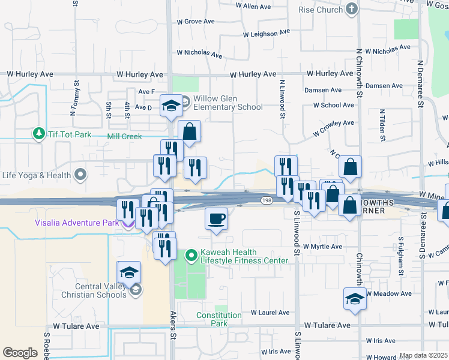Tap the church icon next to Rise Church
352,9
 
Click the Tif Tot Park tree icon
39,133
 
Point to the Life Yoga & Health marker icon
80,176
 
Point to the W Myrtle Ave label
322,247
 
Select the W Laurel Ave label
270,313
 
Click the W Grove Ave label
196,21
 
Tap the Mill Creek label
124,136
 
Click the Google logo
20,352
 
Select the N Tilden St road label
381,125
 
